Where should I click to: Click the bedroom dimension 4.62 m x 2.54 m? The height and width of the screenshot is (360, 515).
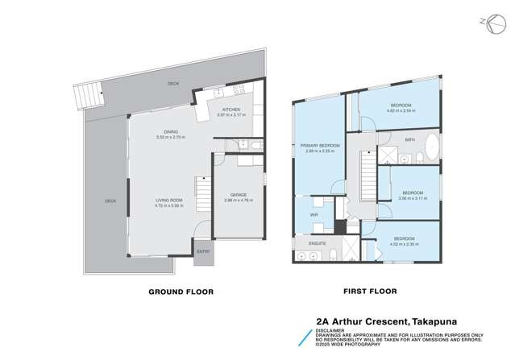[401, 111]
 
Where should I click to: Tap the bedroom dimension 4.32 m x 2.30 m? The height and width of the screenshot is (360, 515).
[404, 243]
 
